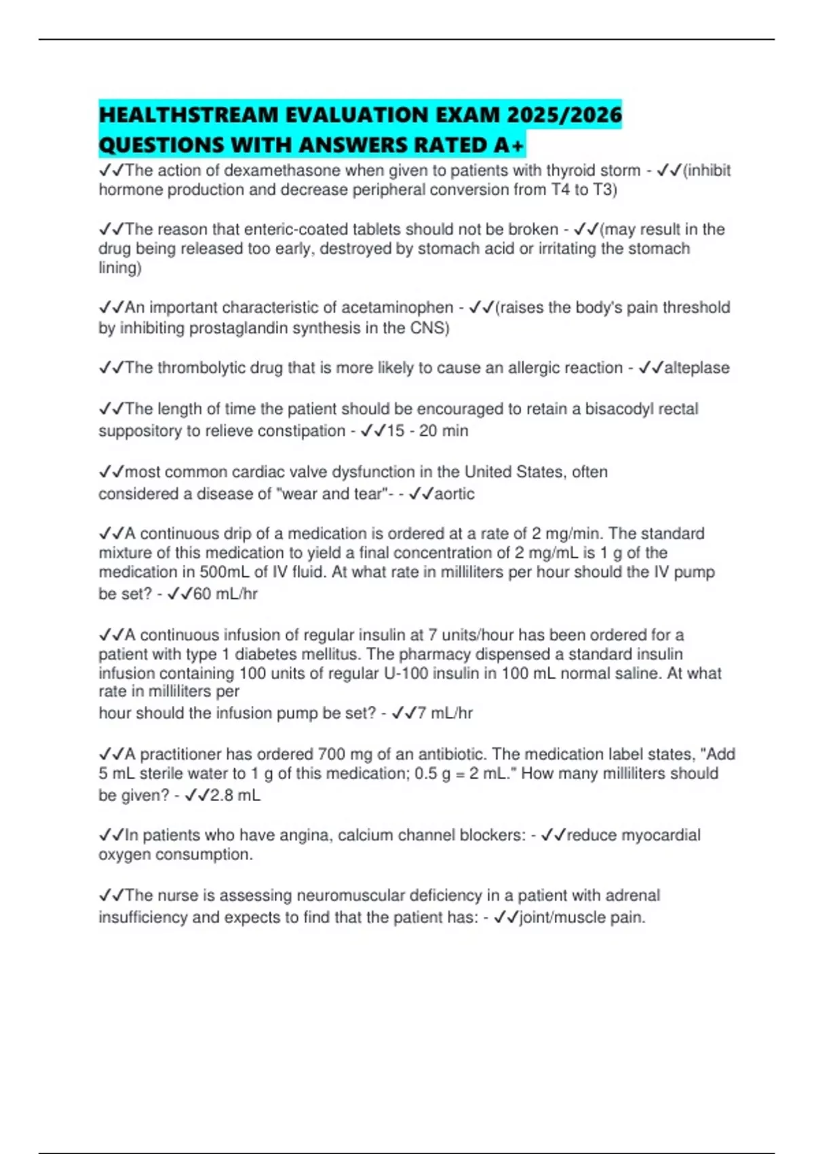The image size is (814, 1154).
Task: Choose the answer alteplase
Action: [697, 368]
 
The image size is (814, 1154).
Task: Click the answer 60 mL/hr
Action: [225, 594]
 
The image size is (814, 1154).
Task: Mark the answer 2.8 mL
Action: [235, 795]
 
